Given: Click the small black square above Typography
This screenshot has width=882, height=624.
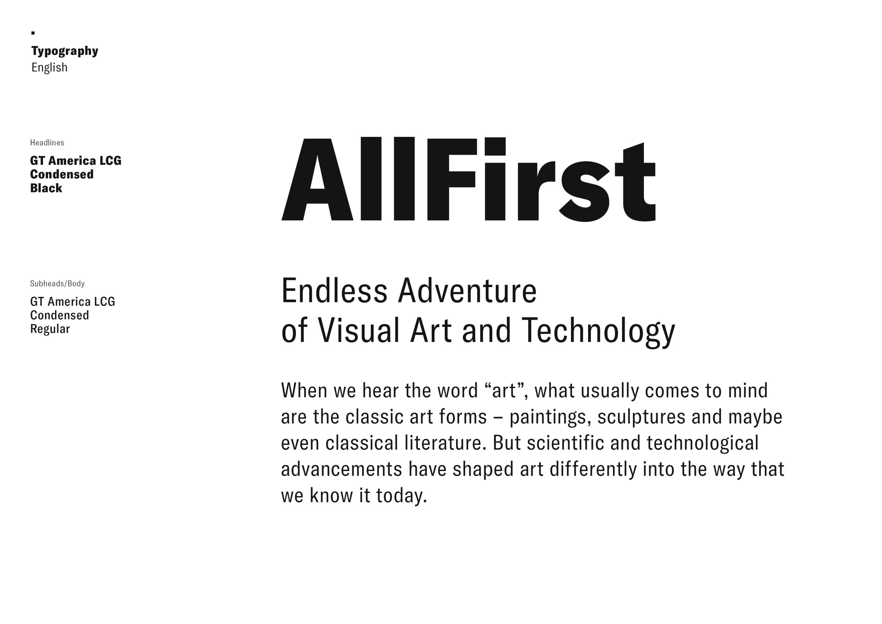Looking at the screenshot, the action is (x=33, y=33).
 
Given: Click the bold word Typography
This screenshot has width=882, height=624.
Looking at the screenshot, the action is (x=64, y=51).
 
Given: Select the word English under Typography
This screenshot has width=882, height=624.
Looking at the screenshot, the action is (x=49, y=68).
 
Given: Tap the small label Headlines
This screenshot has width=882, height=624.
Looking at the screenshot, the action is (x=47, y=143).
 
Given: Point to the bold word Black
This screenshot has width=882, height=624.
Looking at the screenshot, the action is (x=46, y=188).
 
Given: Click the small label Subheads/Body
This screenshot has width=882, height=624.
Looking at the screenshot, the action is (x=57, y=284).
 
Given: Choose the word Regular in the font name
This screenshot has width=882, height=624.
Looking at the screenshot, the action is (x=50, y=329).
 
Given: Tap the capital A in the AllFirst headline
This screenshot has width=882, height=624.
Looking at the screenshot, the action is (x=317, y=180).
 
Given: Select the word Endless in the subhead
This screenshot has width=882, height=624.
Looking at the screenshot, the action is (x=334, y=291).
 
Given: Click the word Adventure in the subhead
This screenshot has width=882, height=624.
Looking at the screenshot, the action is (x=467, y=291).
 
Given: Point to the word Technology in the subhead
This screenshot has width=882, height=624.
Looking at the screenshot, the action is (x=598, y=331).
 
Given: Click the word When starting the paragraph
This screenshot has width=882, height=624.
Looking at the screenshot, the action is (x=304, y=391).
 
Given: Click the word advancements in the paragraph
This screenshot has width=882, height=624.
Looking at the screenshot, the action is (x=341, y=470).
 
